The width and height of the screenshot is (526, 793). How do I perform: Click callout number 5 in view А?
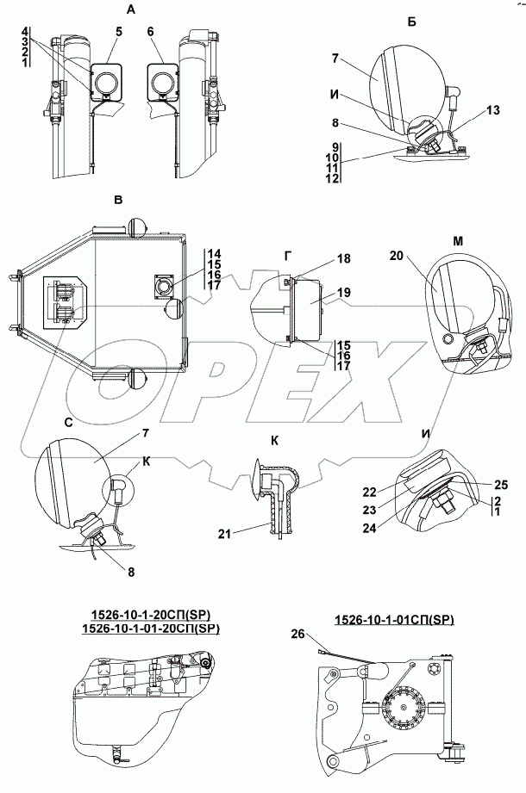click(118, 31)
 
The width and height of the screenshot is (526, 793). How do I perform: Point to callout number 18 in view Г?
click(343, 259)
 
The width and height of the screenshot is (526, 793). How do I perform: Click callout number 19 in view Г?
click(343, 294)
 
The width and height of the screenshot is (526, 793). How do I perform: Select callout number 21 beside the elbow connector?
click(225, 536)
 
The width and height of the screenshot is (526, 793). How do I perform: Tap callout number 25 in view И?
click(501, 484)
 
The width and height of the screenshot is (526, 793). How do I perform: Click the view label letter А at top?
click(131, 9)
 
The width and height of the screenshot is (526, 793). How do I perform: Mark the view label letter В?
click(118, 201)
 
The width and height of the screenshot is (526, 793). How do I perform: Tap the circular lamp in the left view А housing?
click(108, 84)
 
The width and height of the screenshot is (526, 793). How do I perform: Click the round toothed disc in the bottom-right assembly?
click(404, 711)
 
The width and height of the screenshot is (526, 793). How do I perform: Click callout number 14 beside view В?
click(214, 253)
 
